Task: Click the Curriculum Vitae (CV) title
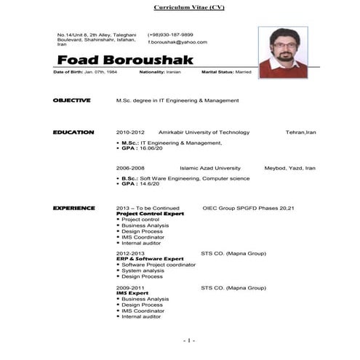[x=189, y=7]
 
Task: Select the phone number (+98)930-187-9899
[x=170, y=34]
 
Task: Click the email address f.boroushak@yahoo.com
[x=177, y=42]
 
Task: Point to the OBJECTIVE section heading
[x=71, y=100]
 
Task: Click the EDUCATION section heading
[x=73, y=132]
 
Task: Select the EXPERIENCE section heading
[x=73, y=208]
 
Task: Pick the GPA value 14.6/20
[x=150, y=183]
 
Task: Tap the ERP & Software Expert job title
[x=150, y=259]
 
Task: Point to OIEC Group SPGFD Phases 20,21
[x=248, y=208]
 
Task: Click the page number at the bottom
[x=188, y=340]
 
